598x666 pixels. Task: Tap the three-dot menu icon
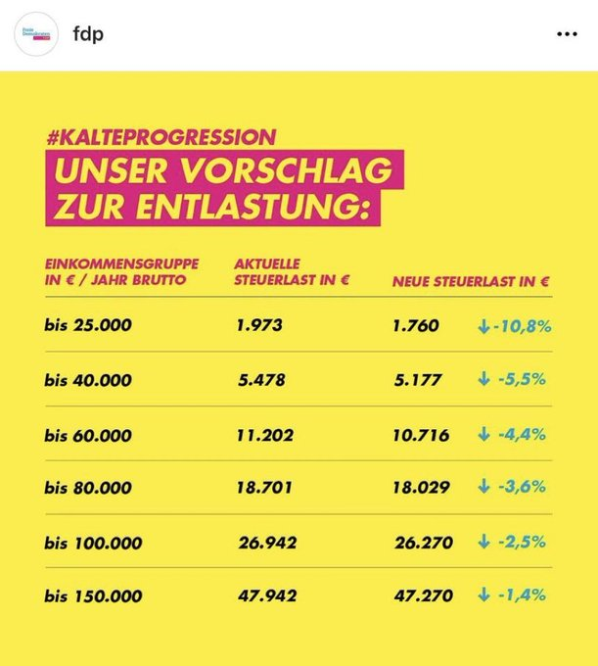click(x=567, y=34)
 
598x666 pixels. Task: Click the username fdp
click(x=88, y=34)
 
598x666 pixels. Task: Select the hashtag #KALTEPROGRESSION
click(x=161, y=137)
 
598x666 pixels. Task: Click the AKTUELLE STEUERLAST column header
click(x=292, y=272)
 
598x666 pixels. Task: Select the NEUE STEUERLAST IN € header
click(x=471, y=281)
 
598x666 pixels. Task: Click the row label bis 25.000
click(x=88, y=325)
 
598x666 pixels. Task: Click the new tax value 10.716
click(x=420, y=433)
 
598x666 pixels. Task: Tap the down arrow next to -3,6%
click(x=483, y=487)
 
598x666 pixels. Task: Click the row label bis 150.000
click(x=93, y=595)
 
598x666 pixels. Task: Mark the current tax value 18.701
click(x=264, y=487)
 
